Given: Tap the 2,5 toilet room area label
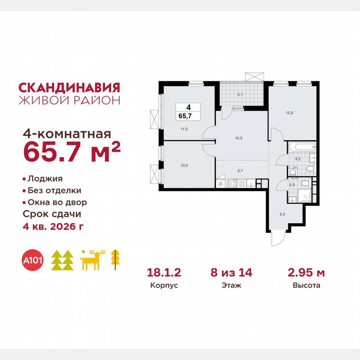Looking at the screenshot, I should (292, 185).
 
